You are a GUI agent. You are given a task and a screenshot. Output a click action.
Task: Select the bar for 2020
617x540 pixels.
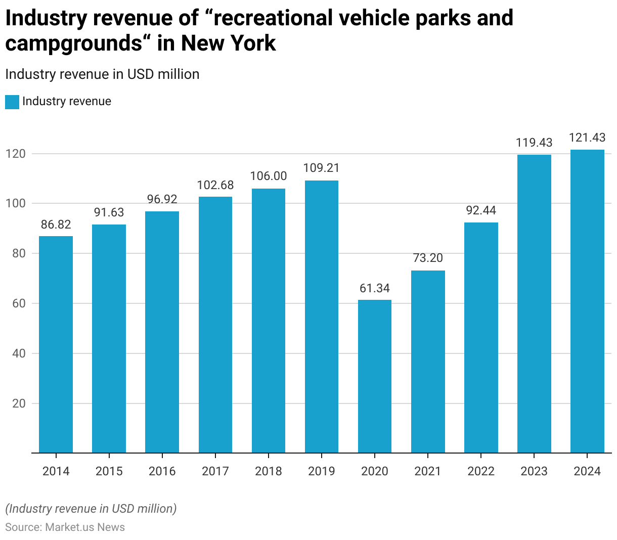(x=375, y=376)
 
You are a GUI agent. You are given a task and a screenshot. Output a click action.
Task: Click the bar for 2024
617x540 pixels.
(x=587, y=301)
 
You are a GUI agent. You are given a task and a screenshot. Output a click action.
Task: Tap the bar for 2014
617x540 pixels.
(x=56, y=344)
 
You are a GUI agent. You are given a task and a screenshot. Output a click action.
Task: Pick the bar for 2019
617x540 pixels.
(x=322, y=317)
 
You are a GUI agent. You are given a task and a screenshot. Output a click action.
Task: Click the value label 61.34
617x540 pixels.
(x=375, y=288)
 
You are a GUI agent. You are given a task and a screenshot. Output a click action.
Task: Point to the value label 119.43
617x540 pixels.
(x=534, y=143)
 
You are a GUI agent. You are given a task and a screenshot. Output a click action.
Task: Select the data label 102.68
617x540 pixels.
(x=215, y=185)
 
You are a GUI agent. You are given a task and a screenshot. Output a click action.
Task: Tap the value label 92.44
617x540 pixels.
(x=481, y=210)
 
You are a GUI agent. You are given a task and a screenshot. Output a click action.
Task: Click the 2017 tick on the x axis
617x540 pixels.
(x=215, y=471)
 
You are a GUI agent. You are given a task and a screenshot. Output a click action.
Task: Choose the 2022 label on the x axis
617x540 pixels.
(x=481, y=471)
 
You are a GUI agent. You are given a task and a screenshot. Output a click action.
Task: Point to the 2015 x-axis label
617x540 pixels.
(x=109, y=471)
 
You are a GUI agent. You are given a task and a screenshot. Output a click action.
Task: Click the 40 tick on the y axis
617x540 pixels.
(x=19, y=353)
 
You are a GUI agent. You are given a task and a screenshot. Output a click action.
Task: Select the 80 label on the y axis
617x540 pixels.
(x=19, y=253)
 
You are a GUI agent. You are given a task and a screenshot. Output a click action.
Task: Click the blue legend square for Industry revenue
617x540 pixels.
(x=12, y=102)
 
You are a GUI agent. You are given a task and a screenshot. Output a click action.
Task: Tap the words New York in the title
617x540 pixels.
(x=229, y=43)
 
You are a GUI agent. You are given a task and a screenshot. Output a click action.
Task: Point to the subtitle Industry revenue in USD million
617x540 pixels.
(x=102, y=74)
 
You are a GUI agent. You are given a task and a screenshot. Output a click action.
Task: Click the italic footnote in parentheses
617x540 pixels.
(x=91, y=509)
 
